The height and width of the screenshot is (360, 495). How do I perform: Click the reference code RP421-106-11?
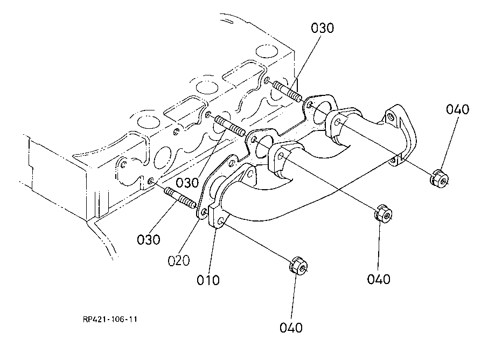point(110,319)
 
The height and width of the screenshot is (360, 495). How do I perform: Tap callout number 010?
point(208,280)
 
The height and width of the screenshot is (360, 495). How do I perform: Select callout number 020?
point(179,261)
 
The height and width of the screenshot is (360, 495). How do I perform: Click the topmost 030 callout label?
point(322,28)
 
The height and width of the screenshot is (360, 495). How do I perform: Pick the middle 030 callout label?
point(187,183)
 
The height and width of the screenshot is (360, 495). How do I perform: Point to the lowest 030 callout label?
point(148,240)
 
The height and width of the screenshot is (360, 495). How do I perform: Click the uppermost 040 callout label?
point(457,109)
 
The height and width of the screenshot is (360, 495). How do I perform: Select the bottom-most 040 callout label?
point(291,328)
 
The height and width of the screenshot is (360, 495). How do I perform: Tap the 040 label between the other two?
point(379,279)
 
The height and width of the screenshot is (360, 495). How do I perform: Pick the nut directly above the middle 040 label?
point(384,213)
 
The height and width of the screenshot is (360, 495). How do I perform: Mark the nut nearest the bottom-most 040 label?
point(298,266)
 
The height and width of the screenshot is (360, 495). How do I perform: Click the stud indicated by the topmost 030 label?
point(287,92)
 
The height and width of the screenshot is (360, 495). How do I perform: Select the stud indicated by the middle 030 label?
point(230,126)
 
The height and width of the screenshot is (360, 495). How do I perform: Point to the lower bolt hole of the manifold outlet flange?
point(393,161)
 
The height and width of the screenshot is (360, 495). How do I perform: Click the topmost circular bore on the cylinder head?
point(267,51)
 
